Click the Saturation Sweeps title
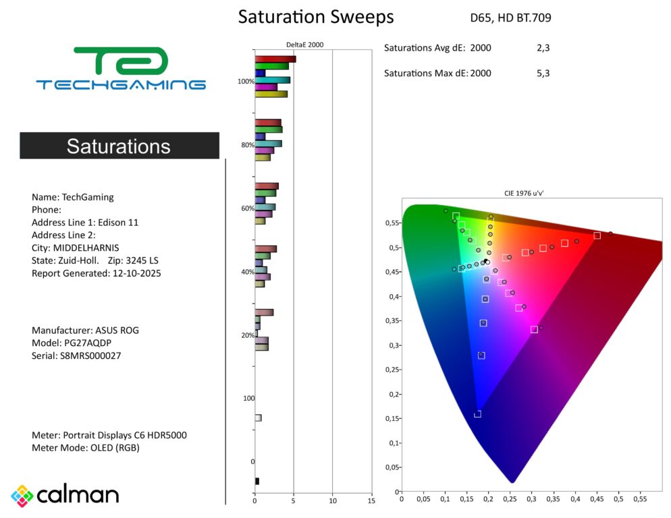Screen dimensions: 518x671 pos(315,17)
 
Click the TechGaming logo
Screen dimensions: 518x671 pos(121,69)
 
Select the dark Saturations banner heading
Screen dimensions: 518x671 pos(119,146)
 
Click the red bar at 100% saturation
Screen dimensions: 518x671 pos(275,59)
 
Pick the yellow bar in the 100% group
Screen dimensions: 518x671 pos(271,94)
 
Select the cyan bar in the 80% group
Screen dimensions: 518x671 pos(268,144)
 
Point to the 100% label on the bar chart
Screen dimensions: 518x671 pos(246,82)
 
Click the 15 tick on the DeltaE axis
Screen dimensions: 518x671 pos(371,500)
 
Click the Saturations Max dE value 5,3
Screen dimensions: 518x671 pos(543,73)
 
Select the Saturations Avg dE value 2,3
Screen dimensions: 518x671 pos(543,48)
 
